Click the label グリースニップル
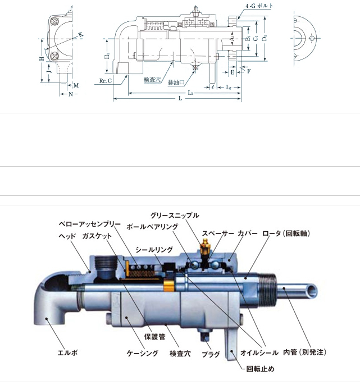175,216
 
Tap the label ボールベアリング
152,227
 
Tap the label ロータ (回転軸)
286,233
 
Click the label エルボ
68,353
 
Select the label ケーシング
142,354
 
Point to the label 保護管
153,337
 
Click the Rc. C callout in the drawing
106,81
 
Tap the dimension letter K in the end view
80,35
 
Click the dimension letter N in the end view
71,94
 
